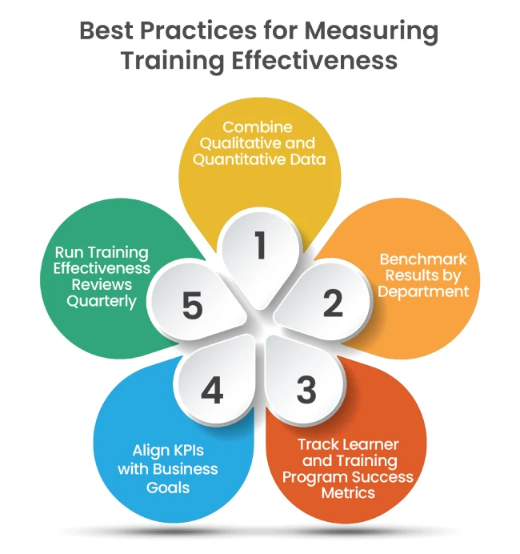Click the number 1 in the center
click(x=259, y=247)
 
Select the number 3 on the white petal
click(x=306, y=390)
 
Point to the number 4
click(x=211, y=391)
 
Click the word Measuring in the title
click(x=371, y=32)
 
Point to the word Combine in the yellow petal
click(x=258, y=127)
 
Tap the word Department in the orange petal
click(x=423, y=291)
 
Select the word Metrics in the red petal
click(x=348, y=493)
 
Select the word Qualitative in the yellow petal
click(x=246, y=143)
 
